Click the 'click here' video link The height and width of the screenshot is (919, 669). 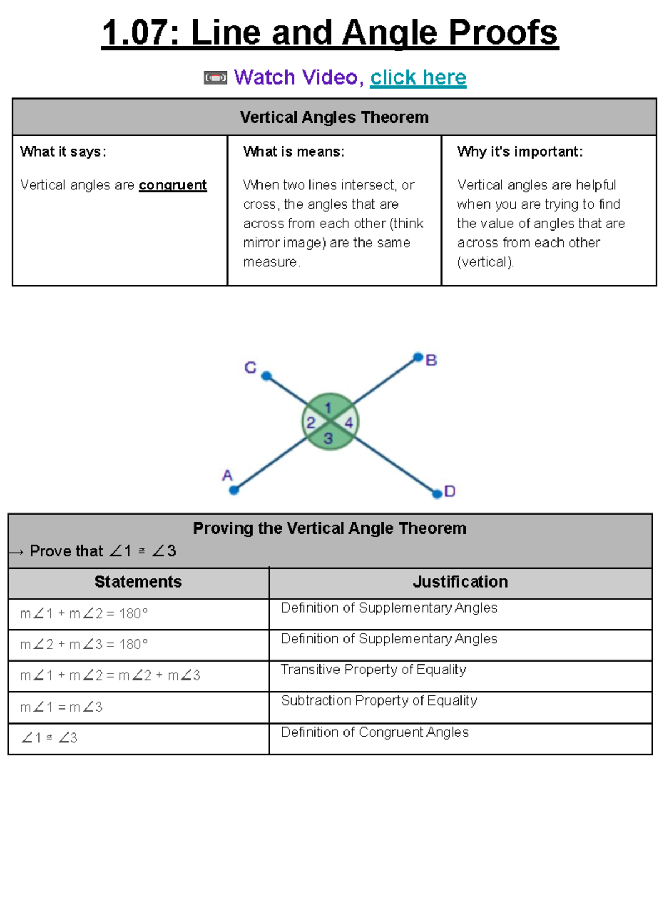click(x=418, y=77)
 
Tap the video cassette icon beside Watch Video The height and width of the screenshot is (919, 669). click(x=216, y=78)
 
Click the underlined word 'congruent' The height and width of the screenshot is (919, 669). click(x=173, y=185)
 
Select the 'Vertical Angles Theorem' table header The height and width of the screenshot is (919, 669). click(x=334, y=118)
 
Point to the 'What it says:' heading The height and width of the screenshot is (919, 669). click(x=63, y=151)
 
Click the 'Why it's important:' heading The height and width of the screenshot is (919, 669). click(x=520, y=151)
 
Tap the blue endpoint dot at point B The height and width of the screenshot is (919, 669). click(x=418, y=357)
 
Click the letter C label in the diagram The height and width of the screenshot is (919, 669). click(x=250, y=368)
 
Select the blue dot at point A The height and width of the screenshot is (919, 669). click(x=234, y=490)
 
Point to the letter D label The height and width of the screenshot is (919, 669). click(x=450, y=491)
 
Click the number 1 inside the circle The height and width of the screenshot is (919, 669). click(x=328, y=408)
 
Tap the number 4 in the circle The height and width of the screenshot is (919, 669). click(x=348, y=423)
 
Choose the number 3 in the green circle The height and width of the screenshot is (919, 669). click(x=328, y=438)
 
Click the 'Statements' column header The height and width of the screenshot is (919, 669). click(x=138, y=582)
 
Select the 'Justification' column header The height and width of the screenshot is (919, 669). click(x=460, y=582)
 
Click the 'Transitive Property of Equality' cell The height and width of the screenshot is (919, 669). click(x=373, y=669)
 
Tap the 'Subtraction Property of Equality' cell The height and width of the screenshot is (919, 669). click(x=379, y=701)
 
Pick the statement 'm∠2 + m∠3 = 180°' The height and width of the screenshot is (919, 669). click(x=84, y=644)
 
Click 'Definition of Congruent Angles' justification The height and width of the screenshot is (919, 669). click(x=374, y=732)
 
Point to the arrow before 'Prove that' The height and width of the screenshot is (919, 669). click(x=16, y=552)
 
